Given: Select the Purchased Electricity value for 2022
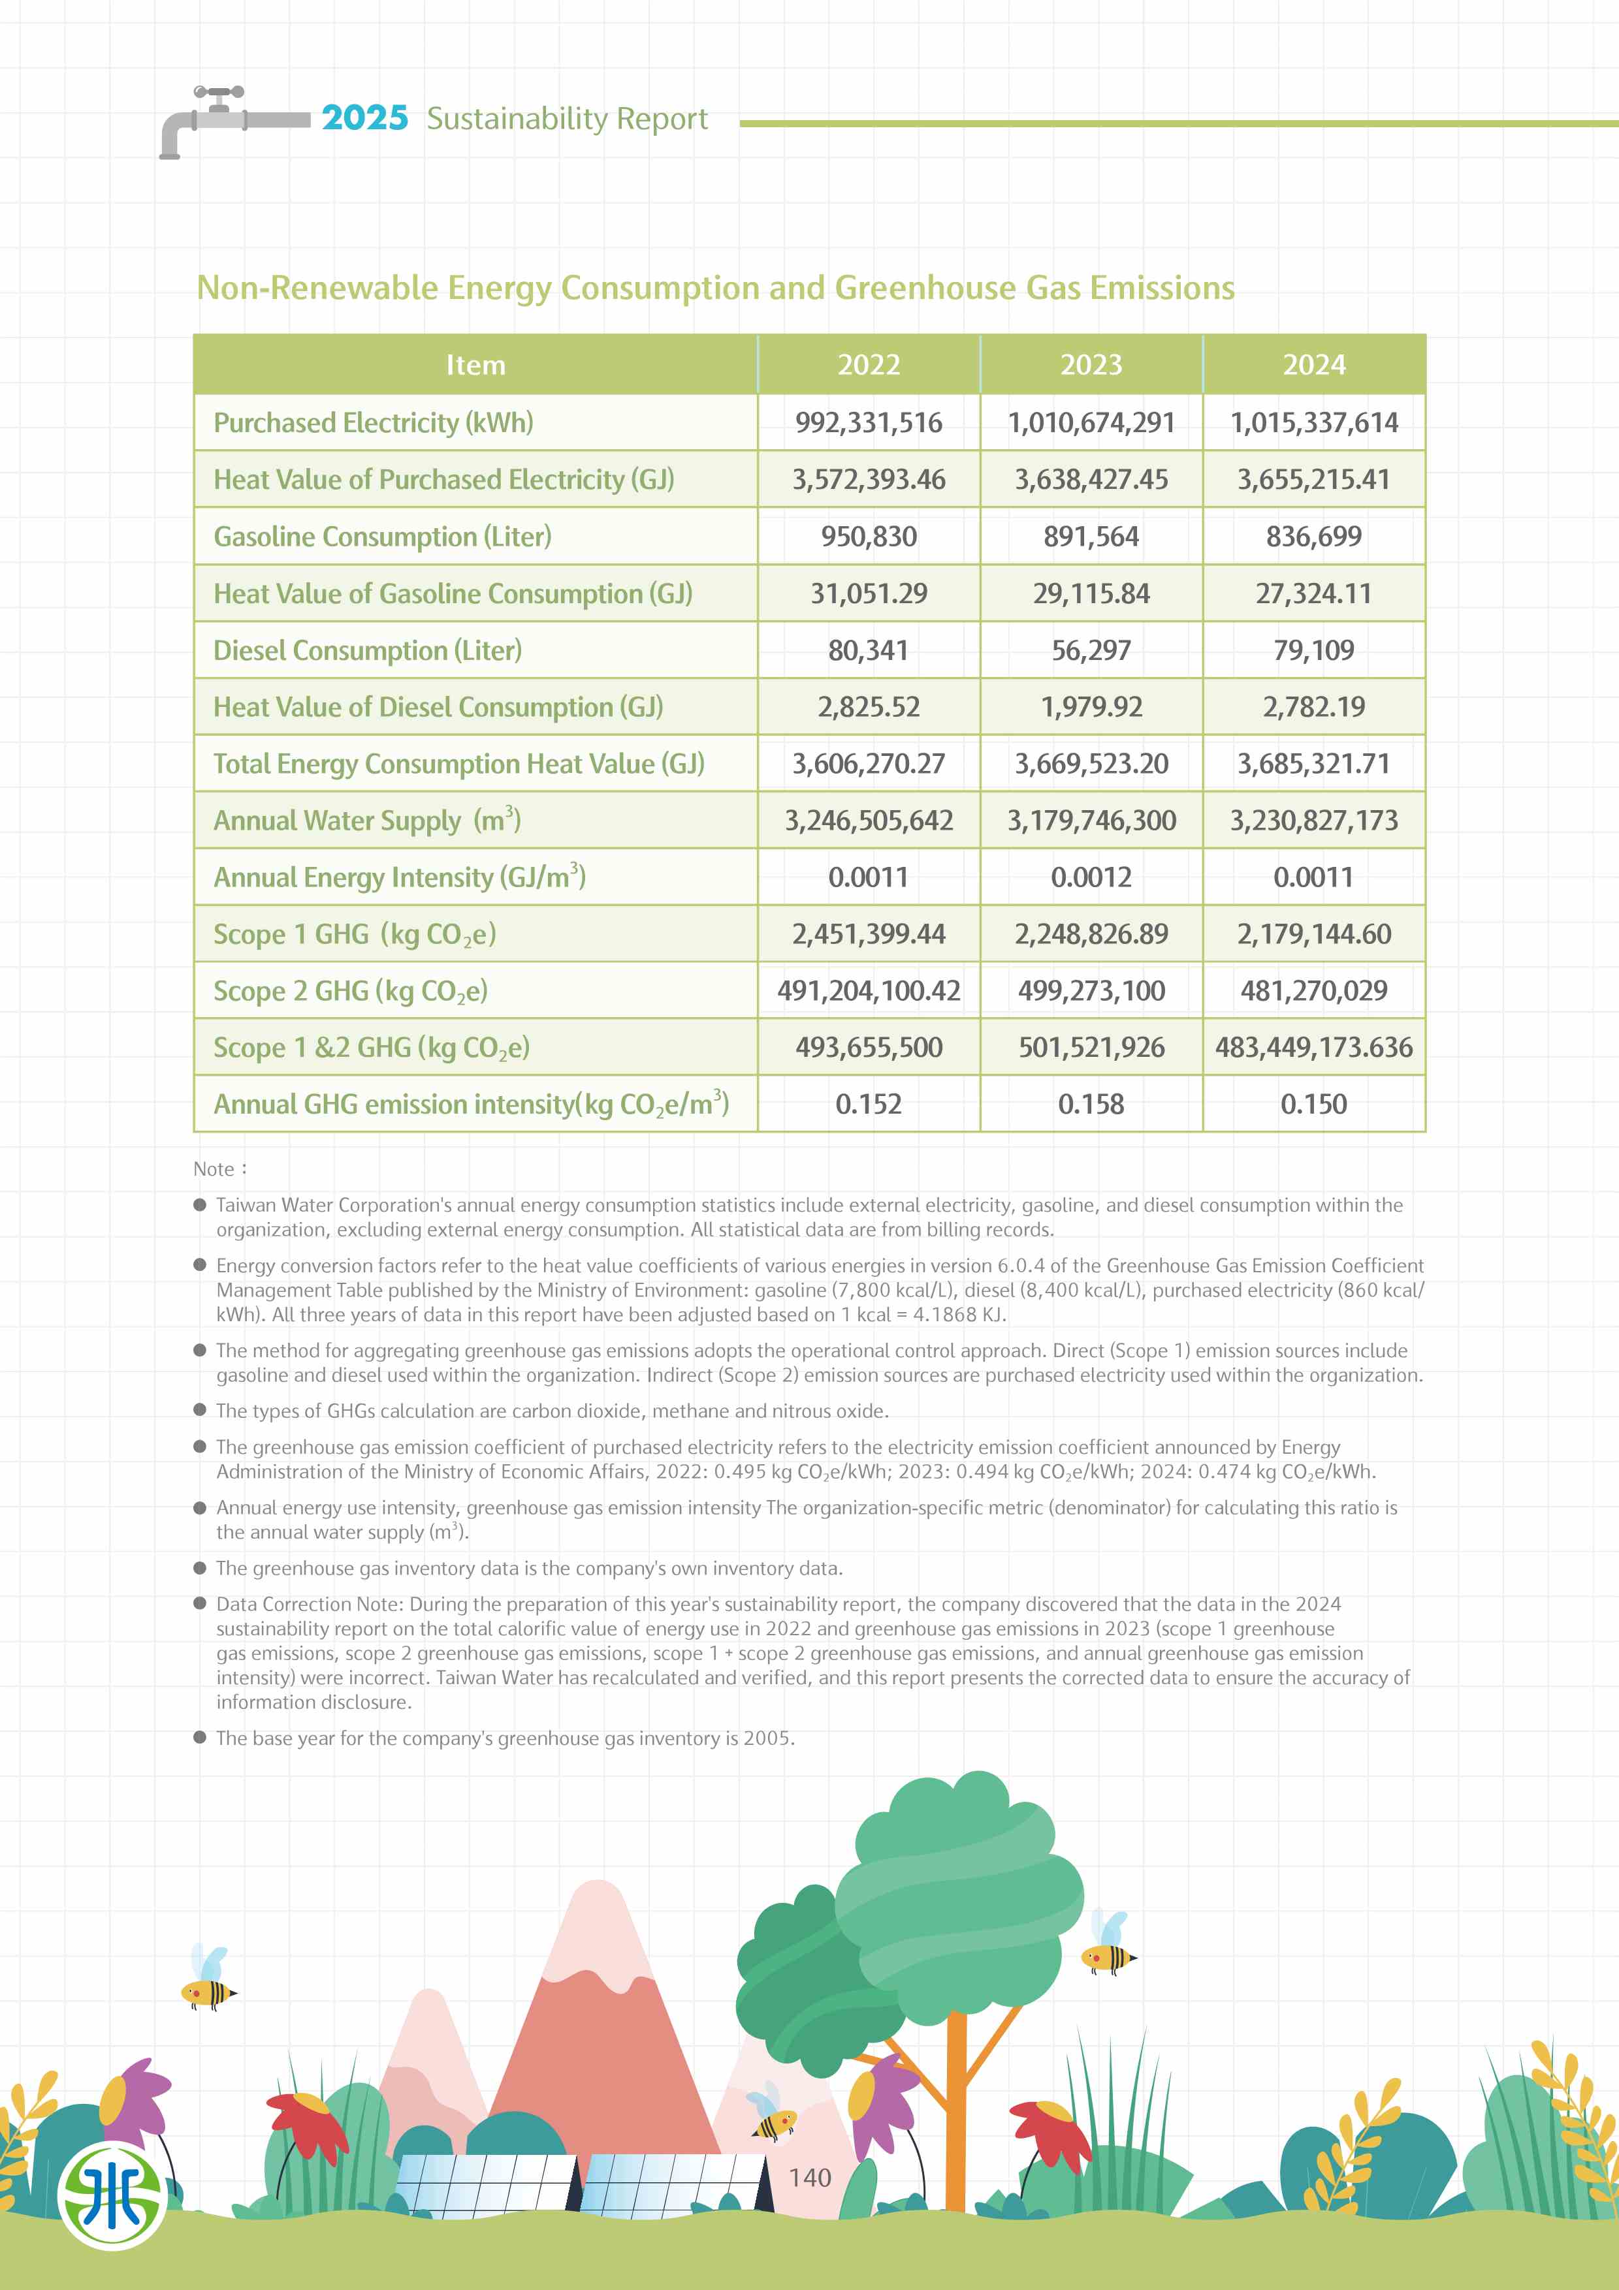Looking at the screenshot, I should pos(868,423).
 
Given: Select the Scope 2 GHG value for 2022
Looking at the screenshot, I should pos(868,990).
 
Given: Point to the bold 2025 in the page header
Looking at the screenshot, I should pos(364,118).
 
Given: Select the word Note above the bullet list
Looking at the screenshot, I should pos(214,1169).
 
